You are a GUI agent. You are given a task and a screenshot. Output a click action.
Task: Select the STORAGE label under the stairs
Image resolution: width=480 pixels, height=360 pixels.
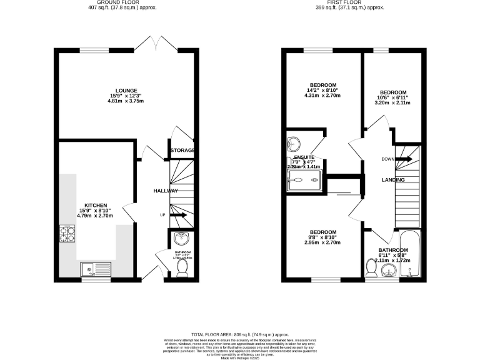(x=182, y=151)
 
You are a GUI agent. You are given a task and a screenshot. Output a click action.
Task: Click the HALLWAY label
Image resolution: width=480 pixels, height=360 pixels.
(x=166, y=191)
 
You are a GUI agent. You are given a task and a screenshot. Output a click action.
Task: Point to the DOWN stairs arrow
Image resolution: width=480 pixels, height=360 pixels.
(x=403, y=159)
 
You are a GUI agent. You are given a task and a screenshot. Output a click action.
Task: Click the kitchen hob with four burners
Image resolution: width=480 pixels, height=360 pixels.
(x=67, y=233)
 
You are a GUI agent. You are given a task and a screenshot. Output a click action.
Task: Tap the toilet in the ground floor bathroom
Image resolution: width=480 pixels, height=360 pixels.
(x=182, y=267)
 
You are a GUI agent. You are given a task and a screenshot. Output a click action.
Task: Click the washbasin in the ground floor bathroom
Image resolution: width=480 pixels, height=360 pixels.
(x=181, y=239)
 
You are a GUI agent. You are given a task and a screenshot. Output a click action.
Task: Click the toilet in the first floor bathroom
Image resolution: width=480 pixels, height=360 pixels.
(x=371, y=269)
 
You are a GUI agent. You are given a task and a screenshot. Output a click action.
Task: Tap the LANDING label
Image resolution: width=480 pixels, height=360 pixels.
(x=394, y=180)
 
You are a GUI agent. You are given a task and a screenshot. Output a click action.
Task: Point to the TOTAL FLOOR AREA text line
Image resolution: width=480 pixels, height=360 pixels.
(x=239, y=334)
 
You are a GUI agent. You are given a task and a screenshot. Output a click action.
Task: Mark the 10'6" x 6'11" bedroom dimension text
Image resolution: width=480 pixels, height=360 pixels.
(x=392, y=97)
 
